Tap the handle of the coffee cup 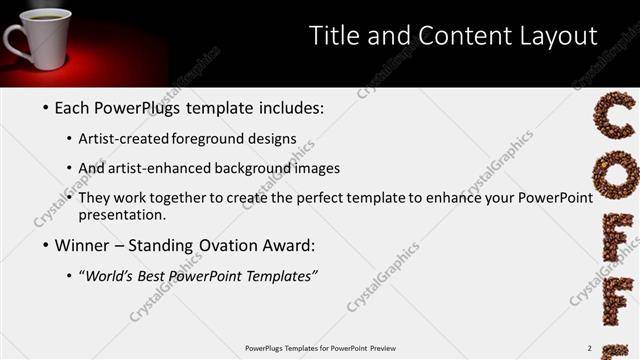tap(14, 41)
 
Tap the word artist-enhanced tap(173, 168)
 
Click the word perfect tap(324, 198)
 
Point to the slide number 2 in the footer tap(590, 348)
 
